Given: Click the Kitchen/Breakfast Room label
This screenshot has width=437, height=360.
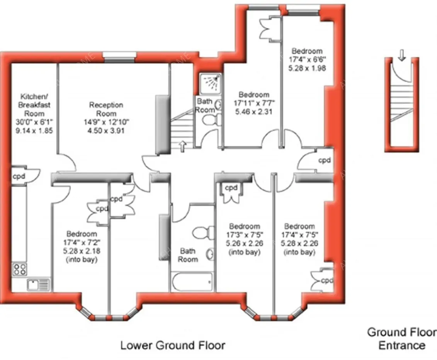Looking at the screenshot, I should [35, 105].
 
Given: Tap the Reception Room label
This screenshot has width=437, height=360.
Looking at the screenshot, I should [106, 109].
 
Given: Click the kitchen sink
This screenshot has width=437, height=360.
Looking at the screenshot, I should [38, 285].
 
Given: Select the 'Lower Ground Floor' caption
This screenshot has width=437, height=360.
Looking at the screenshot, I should [173, 345].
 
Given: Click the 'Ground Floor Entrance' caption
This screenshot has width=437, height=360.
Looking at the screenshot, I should [402, 338].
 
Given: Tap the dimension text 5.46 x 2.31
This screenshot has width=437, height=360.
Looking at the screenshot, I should [253, 112].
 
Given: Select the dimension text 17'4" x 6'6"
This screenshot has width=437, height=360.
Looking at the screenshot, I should [307, 59].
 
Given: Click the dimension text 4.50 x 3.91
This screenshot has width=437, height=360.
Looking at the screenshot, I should [106, 131].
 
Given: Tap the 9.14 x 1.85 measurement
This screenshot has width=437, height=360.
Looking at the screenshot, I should [35, 131].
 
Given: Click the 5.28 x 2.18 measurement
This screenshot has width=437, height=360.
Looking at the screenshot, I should [82, 251].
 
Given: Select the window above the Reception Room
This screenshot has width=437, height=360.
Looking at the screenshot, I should [120, 58].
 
